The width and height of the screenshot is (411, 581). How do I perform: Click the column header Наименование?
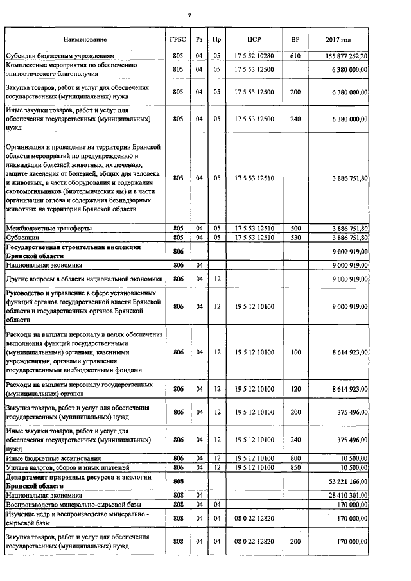(85, 40)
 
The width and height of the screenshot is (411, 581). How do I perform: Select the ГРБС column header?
(178, 40)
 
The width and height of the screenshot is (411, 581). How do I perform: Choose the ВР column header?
(295, 40)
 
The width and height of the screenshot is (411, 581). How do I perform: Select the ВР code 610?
(295, 56)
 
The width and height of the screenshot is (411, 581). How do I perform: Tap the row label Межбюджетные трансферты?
(48, 228)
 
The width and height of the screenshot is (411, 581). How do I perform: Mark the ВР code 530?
(295, 237)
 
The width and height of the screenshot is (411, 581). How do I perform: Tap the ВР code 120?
(295, 388)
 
